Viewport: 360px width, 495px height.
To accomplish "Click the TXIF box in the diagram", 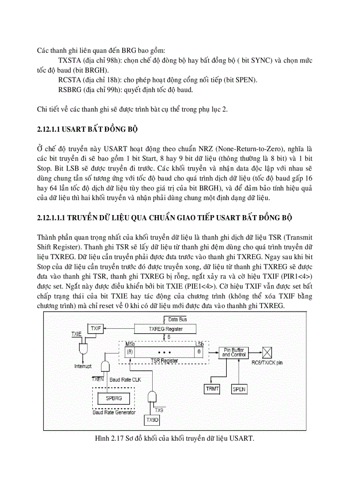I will point(95,329).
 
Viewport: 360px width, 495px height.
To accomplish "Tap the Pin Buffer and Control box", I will point(234,352).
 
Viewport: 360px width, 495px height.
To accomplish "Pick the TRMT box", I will point(211,389).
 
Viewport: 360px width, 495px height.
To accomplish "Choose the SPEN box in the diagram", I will point(239,389).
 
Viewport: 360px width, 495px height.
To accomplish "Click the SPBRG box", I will point(113,398).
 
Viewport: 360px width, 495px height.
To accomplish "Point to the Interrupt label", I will point(83,366).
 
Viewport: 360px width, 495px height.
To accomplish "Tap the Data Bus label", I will point(178,319).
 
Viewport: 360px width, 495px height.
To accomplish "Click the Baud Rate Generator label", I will point(114,413).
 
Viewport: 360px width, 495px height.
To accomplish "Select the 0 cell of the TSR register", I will point(199,352).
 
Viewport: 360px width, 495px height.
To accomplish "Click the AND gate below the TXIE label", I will point(82,349).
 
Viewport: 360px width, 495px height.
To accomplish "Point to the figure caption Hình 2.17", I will point(175,439).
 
